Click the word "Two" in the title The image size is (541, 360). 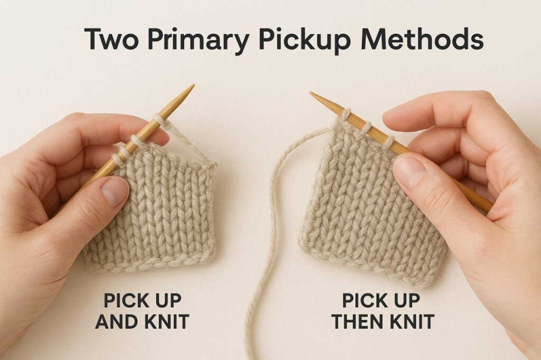111,39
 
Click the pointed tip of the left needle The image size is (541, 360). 193,85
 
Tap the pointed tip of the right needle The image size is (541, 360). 311,93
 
